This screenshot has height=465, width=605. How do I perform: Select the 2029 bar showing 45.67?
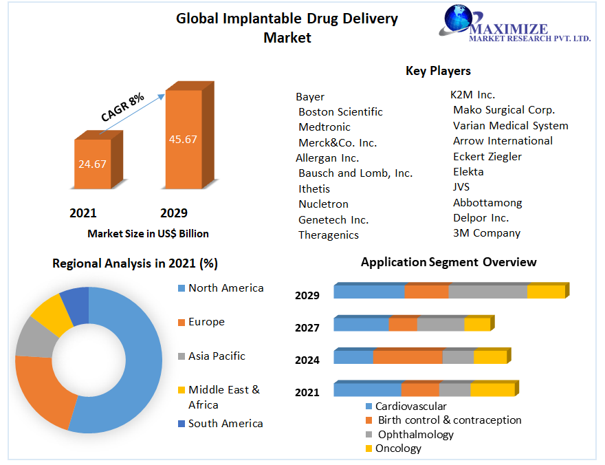183,139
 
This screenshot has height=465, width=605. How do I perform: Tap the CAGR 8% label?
122,107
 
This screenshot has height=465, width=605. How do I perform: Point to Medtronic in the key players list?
324,127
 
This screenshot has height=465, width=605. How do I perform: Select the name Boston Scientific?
340,112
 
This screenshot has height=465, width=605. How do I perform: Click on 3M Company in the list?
486,233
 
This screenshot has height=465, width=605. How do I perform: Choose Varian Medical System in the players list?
510,126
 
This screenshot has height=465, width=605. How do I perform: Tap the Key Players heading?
438,71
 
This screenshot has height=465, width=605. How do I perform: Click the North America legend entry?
225,288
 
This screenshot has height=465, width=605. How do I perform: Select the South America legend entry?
225,424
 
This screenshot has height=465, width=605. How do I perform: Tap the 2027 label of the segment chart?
307,327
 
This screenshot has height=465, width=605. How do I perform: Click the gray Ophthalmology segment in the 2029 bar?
487,291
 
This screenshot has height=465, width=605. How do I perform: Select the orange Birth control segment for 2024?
408,357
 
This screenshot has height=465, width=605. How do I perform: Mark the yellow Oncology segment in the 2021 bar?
492,390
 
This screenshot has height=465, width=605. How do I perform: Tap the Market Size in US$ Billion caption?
148,234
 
